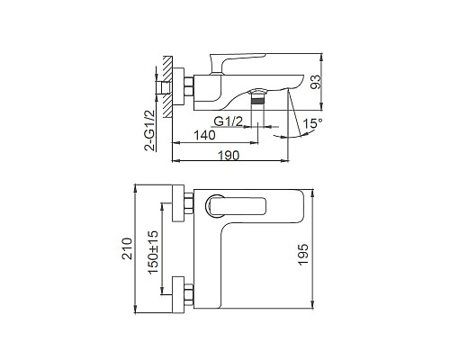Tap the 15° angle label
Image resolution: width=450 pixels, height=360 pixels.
point(312,120)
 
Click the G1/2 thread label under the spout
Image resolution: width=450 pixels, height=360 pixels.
point(229,118)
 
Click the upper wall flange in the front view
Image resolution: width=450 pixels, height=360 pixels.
point(176,204)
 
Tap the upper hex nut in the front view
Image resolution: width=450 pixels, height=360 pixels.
point(190,204)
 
